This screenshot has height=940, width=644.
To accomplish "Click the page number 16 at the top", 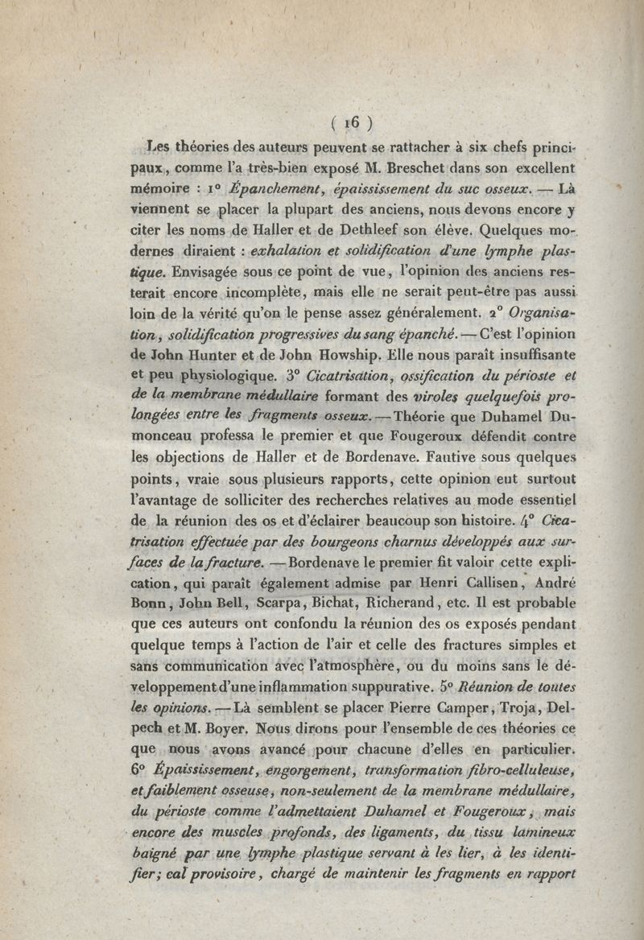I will point(349,123).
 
